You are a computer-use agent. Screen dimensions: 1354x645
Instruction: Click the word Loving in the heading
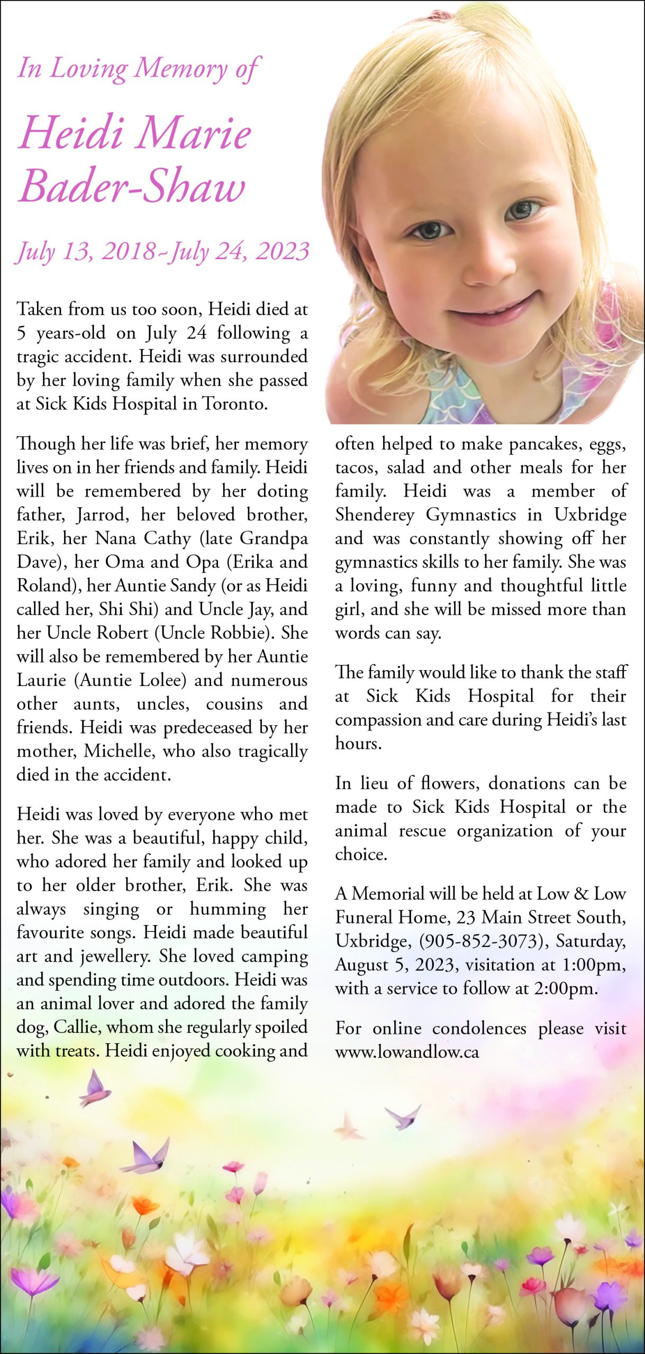tap(88, 69)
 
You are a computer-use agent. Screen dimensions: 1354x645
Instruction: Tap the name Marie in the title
tap(194, 133)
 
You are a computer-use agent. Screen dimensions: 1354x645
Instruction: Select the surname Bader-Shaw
tap(132, 186)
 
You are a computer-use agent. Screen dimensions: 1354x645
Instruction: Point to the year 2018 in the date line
tap(129, 251)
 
